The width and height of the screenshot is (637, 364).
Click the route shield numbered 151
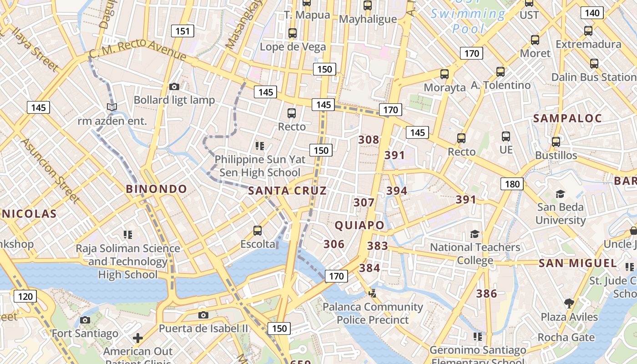[182, 31]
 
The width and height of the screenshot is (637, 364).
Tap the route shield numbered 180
[512, 184]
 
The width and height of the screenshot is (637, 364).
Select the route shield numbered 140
[592, 13]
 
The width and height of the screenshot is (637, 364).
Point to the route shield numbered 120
[25, 297]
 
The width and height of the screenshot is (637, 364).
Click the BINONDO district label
[156, 189]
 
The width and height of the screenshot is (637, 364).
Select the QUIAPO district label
[359, 225]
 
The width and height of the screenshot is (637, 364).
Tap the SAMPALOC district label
[567, 119]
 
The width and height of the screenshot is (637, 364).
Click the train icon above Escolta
[258, 231]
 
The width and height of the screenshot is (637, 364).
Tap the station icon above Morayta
[445, 74]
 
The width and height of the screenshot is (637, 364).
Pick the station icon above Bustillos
[556, 142]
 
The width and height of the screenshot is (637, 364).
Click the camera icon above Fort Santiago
[85, 320]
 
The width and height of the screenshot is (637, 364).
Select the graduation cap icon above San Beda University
[560, 194]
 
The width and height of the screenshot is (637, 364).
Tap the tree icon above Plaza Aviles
[569, 303]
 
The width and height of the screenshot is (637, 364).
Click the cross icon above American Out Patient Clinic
[138, 338]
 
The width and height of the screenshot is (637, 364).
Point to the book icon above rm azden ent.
[112, 107]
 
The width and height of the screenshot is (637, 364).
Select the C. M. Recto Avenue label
[137, 49]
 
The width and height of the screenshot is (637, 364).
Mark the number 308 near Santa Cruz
[369, 140]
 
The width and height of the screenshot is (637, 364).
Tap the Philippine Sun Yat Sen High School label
[260, 166]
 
